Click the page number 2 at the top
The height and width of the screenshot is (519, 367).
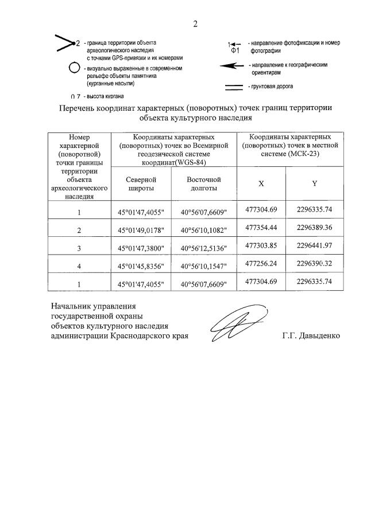[195, 24]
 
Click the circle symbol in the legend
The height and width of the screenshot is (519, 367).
[74, 68]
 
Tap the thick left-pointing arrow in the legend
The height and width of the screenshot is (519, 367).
[231, 67]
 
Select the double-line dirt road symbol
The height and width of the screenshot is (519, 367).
[233, 87]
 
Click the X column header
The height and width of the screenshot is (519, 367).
[261, 184]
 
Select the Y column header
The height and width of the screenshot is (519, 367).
[314, 184]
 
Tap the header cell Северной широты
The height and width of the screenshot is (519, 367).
[141, 184]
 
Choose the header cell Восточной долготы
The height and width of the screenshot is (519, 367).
[204, 184]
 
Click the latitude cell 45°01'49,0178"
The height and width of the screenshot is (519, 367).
[141, 231]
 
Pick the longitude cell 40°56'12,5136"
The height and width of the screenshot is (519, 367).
[204, 249]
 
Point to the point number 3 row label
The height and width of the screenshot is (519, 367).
[79, 249]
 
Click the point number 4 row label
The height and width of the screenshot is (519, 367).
[79, 267]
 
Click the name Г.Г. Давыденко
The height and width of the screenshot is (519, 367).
[311, 335]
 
